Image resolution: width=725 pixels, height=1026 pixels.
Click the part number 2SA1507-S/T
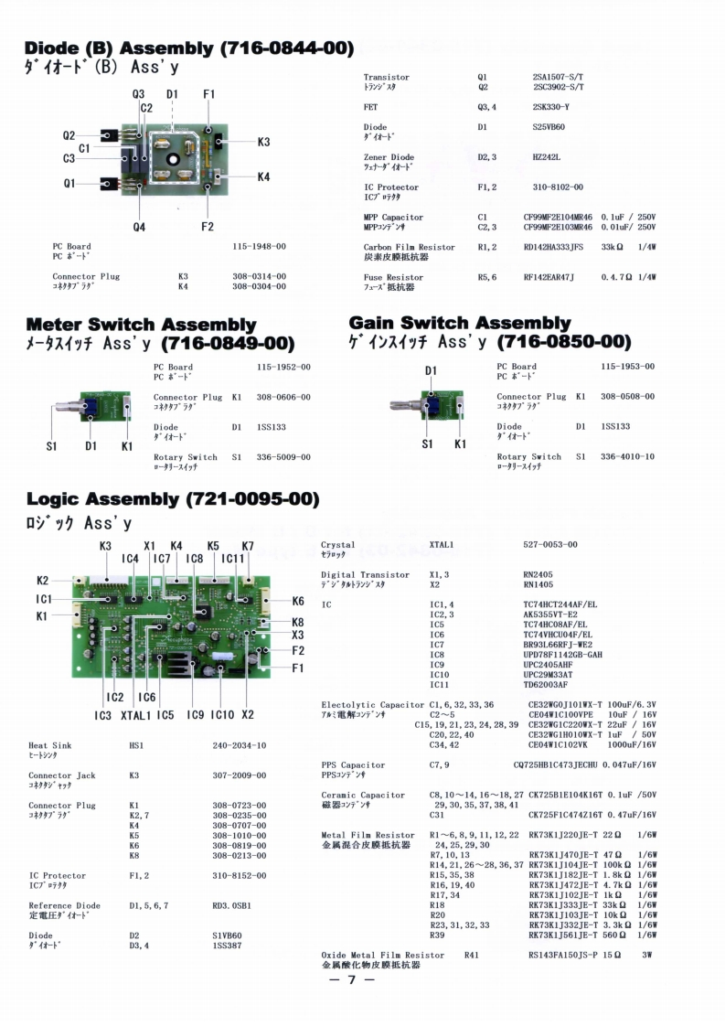(558, 78)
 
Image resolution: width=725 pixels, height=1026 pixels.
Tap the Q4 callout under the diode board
(139, 227)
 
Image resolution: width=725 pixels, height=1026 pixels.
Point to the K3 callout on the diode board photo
(263, 142)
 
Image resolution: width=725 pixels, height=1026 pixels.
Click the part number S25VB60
(549, 127)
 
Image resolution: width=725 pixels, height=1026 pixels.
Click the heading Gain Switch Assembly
(460, 323)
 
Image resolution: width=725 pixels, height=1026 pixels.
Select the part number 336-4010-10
(627, 456)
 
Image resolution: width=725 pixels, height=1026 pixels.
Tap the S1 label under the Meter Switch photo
(53, 446)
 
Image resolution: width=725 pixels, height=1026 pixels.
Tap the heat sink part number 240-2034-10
(240, 746)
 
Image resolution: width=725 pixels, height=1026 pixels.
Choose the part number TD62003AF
(546, 684)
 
